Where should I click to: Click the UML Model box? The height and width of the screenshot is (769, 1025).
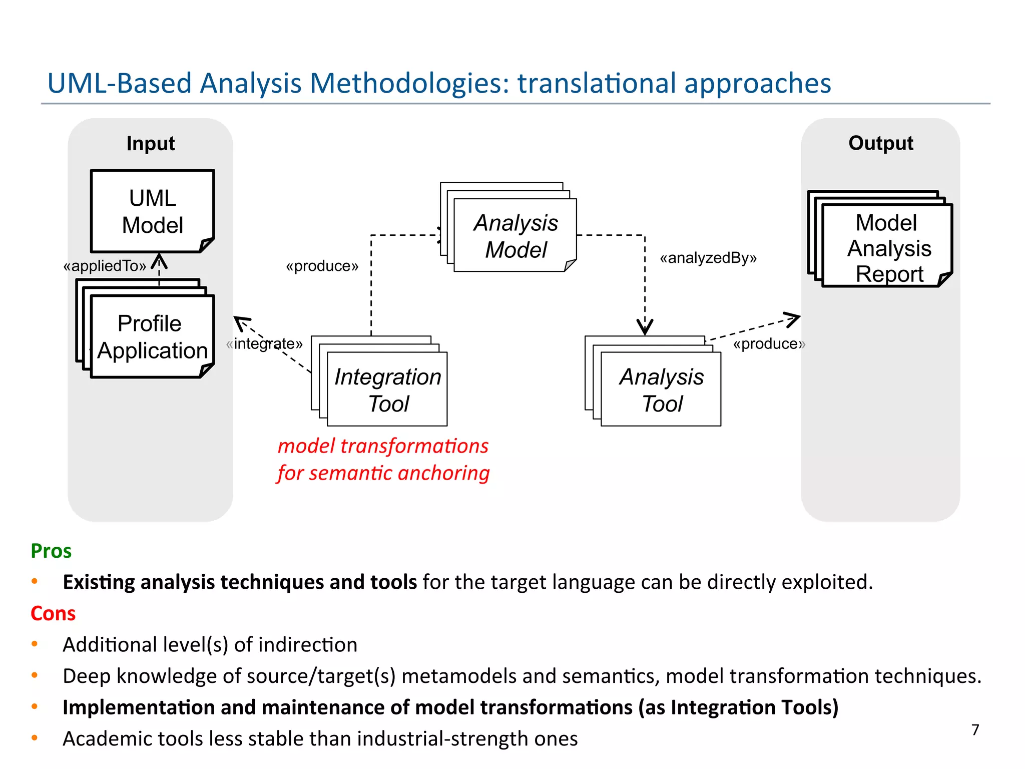click(x=153, y=211)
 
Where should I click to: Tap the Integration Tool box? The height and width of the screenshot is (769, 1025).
click(x=387, y=390)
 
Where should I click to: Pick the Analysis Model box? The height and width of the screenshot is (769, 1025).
click(x=516, y=235)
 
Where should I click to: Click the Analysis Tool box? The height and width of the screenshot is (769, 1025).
click(x=661, y=390)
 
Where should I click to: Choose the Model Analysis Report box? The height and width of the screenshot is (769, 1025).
click(x=887, y=247)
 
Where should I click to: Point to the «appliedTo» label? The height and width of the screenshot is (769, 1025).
click(x=105, y=265)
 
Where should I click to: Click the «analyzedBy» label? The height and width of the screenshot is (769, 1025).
click(x=708, y=258)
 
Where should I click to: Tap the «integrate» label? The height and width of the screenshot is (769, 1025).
click(x=264, y=343)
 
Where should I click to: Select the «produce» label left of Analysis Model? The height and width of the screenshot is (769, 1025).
click(x=322, y=266)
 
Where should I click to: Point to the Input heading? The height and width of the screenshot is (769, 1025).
click(x=151, y=143)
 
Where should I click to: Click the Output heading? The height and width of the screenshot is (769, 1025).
click(x=881, y=143)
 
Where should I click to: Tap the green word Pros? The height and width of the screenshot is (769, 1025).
click(x=51, y=551)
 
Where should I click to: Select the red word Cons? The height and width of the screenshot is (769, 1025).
click(x=53, y=613)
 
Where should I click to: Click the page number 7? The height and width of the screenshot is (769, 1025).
click(x=975, y=729)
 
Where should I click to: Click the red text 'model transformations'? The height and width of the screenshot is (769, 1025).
click(x=383, y=446)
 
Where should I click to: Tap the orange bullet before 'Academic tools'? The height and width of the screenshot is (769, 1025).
click(x=35, y=737)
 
